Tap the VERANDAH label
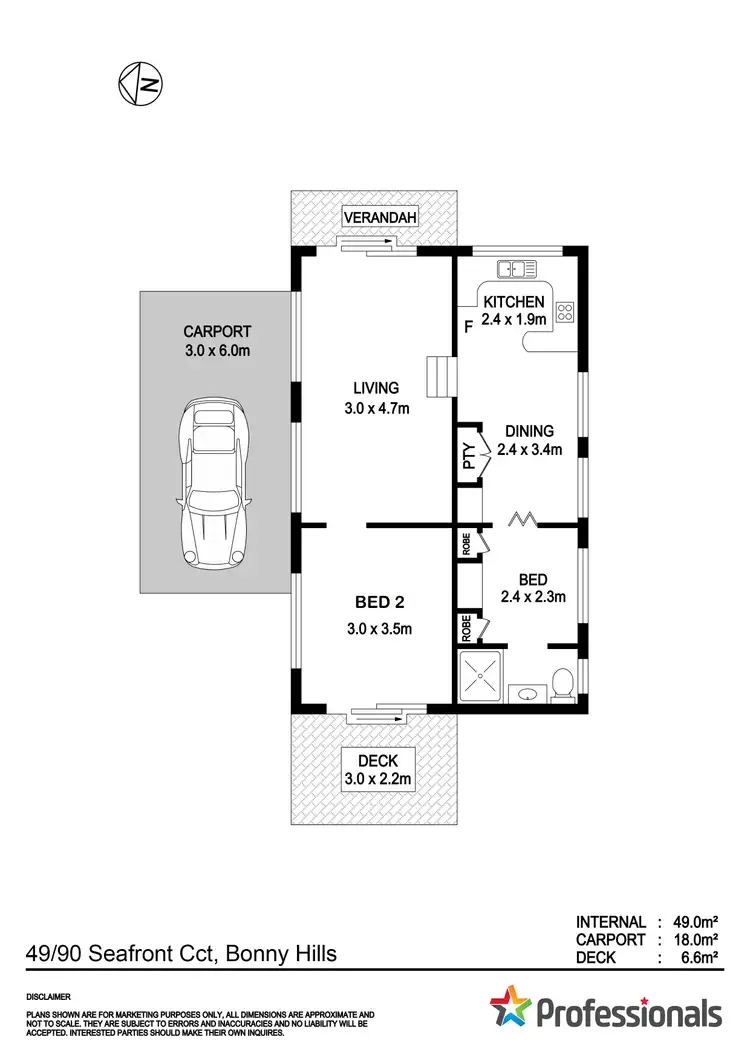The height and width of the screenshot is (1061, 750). tap(379, 218)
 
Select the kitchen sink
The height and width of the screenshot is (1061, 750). tap(516, 269)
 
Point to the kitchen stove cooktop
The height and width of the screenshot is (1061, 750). tap(564, 311)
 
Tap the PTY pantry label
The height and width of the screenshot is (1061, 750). tap(467, 455)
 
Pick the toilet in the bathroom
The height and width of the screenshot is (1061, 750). tap(563, 684)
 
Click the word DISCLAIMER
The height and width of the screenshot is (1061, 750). tap(50, 997)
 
